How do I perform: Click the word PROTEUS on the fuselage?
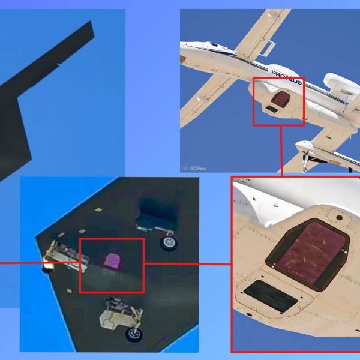click(x=286, y=77)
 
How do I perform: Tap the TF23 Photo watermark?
click(x=195, y=168)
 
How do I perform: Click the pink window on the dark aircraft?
click(x=112, y=260)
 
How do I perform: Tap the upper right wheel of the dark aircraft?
click(x=169, y=242)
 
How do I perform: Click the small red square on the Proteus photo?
click(x=278, y=101)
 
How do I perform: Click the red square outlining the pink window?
click(x=112, y=265)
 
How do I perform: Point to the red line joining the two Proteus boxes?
click(x=281, y=150)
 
